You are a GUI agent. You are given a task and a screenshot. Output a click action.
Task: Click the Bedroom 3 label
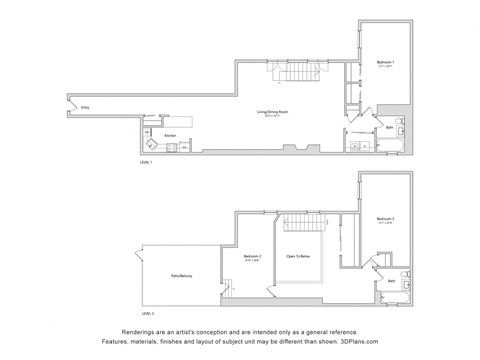click(385, 219)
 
